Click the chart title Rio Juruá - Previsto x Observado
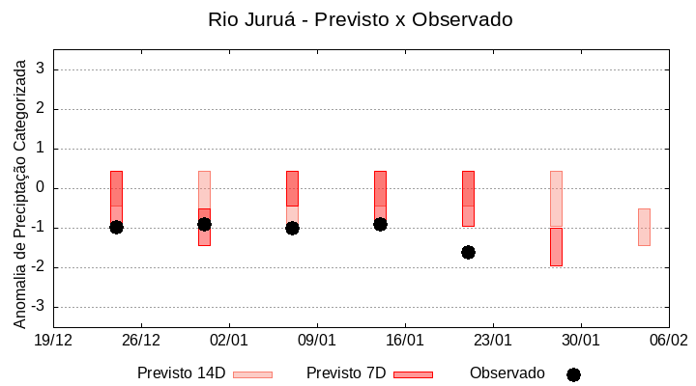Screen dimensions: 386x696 pyautogui.click(x=360, y=19)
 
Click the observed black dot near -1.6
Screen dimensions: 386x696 pyautogui.click(x=468, y=252)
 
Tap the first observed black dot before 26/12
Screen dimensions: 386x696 pyautogui.click(x=116, y=227)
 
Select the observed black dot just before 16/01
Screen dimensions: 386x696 pyautogui.click(x=380, y=224)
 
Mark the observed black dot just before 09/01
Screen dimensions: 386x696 pyautogui.click(x=292, y=228)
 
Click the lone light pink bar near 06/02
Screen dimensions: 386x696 pyautogui.click(x=644, y=227)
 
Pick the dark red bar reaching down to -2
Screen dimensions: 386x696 pyautogui.click(x=556, y=246)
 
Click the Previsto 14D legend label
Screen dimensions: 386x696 pyautogui.click(x=182, y=373)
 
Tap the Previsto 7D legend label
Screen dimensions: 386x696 pyautogui.click(x=346, y=373)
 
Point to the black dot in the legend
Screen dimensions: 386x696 pyautogui.click(x=573, y=374)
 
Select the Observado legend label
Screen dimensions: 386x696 pyautogui.click(x=507, y=373)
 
